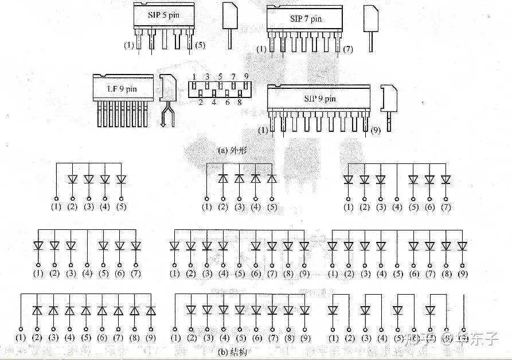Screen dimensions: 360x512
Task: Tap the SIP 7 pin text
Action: coord(306,19)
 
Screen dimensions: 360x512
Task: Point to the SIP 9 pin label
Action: coord(320,99)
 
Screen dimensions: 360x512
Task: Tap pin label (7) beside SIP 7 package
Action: coord(348,50)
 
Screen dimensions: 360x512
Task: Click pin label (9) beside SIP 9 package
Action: coord(376,130)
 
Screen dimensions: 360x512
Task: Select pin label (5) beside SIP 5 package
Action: coord(200,45)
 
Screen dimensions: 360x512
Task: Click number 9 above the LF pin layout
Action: coord(247,76)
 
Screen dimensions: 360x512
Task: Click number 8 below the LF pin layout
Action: coord(240,103)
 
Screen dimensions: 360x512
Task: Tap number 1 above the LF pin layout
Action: coord(194,76)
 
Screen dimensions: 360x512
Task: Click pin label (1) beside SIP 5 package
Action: coord(129,45)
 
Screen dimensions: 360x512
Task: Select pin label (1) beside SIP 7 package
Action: coord(261,50)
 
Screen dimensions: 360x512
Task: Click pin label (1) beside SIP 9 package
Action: coord(263,130)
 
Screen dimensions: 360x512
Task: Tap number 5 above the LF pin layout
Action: coord(220,76)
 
